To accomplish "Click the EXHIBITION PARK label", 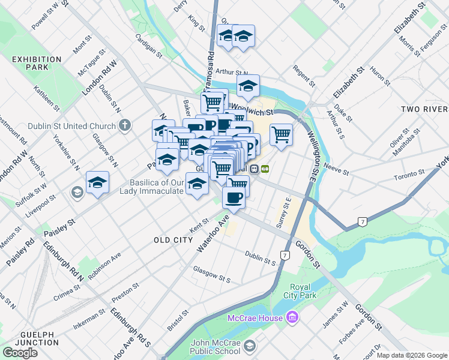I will [37, 63].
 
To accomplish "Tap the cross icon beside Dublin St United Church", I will [124, 126].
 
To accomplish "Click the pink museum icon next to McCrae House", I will [292, 317].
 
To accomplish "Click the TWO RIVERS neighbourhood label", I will [424, 109].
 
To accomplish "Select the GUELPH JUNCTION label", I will [27, 338].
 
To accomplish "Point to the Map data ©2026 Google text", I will [411, 355].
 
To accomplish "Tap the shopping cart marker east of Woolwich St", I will [281, 135].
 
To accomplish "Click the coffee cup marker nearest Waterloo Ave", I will [234, 197].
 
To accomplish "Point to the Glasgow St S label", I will [212, 278].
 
